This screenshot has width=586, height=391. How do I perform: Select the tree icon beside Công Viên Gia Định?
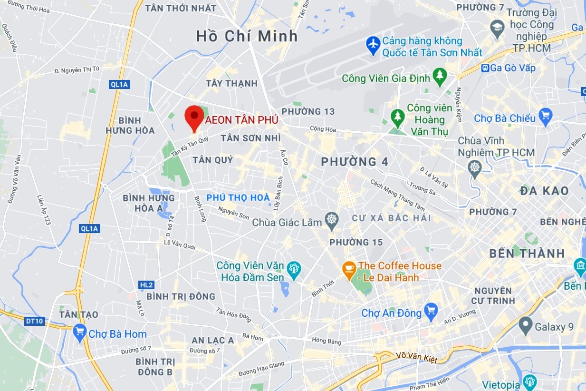click(440, 76)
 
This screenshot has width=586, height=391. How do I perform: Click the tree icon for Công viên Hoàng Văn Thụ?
click(397, 116)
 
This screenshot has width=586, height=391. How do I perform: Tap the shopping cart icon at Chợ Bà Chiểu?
click(546, 117)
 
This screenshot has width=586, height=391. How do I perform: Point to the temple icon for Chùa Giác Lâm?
click(332, 220)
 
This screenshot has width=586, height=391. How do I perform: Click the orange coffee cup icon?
click(349, 270)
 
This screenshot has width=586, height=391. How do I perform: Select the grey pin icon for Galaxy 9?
click(525, 326)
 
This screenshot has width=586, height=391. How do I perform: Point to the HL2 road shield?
click(147, 285)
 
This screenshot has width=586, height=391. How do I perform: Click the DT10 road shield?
click(35, 321)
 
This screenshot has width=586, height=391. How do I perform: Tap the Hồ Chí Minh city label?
click(247, 36)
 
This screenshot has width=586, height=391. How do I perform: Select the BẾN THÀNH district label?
click(527, 254)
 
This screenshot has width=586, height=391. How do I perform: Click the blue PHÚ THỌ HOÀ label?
click(238, 197)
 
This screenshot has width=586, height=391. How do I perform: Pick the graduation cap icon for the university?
click(498, 26)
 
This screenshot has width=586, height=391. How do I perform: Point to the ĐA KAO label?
click(544, 191)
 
